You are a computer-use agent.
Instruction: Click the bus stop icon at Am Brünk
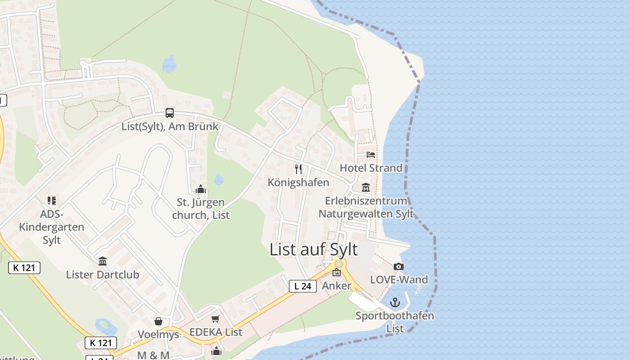click(170, 113)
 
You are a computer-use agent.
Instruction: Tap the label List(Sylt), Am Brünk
click(170, 126)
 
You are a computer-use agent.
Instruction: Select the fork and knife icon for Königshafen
click(298, 169)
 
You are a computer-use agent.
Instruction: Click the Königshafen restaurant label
click(298, 182)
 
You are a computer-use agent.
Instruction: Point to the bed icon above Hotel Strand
click(371, 155)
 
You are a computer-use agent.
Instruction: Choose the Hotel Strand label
click(371, 168)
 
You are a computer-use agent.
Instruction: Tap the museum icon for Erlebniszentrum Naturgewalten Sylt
click(365, 188)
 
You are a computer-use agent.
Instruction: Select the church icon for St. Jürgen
click(201, 189)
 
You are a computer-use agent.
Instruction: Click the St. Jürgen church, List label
click(201, 209)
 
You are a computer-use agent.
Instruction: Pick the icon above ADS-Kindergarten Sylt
click(52, 201)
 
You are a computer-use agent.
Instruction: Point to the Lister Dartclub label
click(103, 274)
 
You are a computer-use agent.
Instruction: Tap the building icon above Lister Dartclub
click(103, 261)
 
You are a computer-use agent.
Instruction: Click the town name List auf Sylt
click(314, 249)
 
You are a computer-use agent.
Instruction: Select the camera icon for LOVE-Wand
click(399, 267)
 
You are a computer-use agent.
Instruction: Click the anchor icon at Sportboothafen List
click(395, 302)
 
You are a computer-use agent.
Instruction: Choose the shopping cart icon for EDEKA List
click(216, 319)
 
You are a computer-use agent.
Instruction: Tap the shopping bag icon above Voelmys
click(158, 321)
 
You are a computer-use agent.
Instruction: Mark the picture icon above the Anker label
click(337, 272)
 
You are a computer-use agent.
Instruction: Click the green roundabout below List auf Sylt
click(338, 263)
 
